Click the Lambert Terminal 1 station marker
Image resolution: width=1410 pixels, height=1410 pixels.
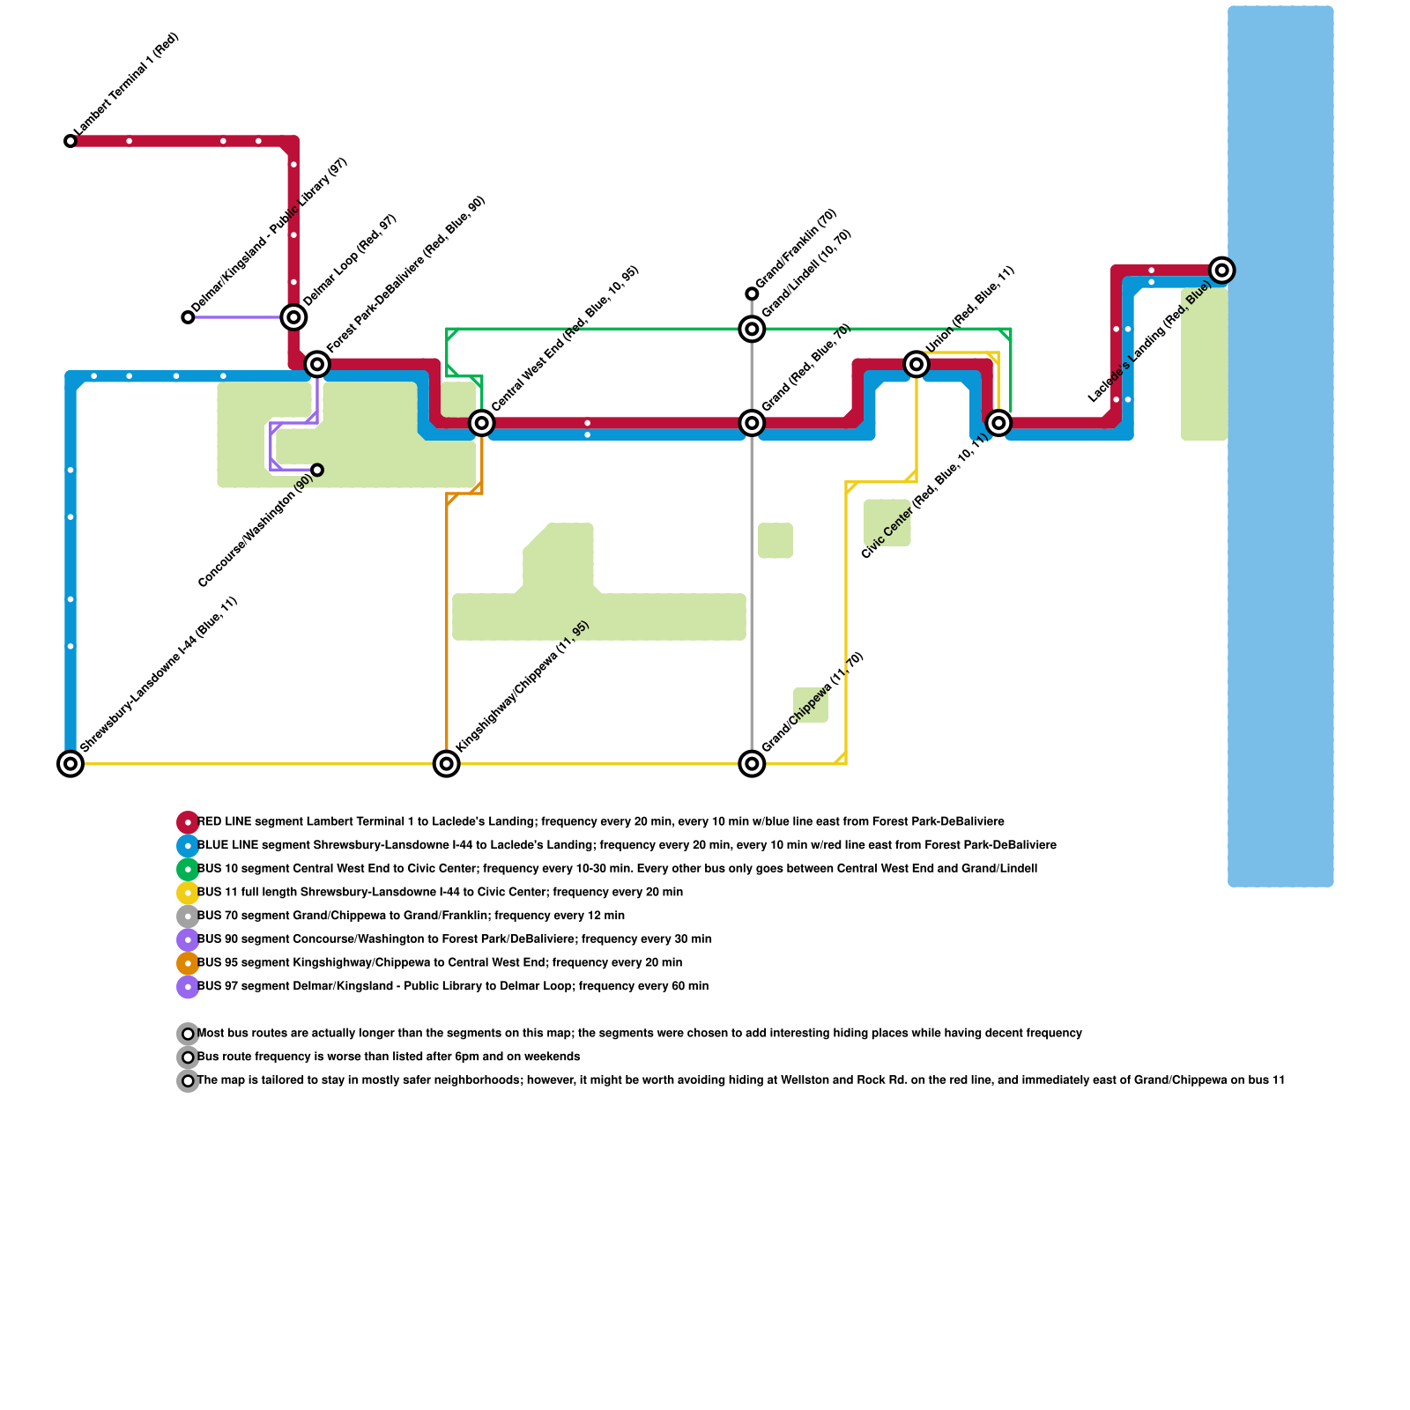[70, 141]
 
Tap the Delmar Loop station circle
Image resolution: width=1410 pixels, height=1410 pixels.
[293, 317]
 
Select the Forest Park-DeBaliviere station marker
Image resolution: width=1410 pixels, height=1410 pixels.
[317, 364]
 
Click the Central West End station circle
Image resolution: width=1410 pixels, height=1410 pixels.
[481, 423]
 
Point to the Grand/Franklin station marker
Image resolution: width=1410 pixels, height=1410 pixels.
[752, 293]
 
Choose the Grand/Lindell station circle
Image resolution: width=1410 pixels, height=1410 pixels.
[752, 330]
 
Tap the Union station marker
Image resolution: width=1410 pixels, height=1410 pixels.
[916, 364]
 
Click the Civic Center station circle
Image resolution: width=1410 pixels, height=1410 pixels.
[998, 423]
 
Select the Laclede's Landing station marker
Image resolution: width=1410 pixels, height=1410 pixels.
[1221, 270]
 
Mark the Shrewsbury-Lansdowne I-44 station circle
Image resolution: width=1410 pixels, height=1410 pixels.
[70, 763]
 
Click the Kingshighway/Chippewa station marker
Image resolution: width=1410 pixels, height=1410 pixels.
[447, 763]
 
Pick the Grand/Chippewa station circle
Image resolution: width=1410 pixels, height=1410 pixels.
[752, 763]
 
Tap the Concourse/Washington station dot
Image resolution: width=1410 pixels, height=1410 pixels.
[317, 470]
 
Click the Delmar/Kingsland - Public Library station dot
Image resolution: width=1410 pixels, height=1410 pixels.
[188, 317]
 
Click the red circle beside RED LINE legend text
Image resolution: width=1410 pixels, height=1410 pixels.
[188, 822]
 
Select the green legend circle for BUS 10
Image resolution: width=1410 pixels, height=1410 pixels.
[188, 869]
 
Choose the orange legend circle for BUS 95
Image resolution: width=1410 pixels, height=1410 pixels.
[188, 963]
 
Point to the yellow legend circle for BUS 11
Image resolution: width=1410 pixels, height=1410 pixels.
[188, 893]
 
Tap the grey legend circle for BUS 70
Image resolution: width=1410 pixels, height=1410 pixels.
[188, 916]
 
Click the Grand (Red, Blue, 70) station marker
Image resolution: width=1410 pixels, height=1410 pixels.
[752, 423]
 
